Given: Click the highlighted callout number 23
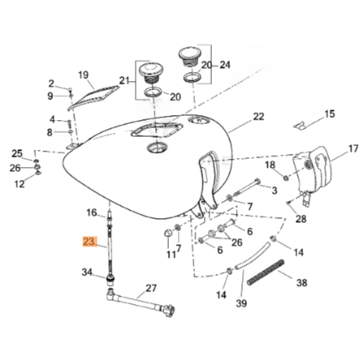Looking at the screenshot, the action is click(90, 242).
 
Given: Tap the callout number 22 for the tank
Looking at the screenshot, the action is click(258, 117).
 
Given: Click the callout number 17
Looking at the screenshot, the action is click(352, 149).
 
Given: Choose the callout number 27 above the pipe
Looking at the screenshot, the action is click(151, 288).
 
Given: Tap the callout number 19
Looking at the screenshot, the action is click(83, 75).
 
